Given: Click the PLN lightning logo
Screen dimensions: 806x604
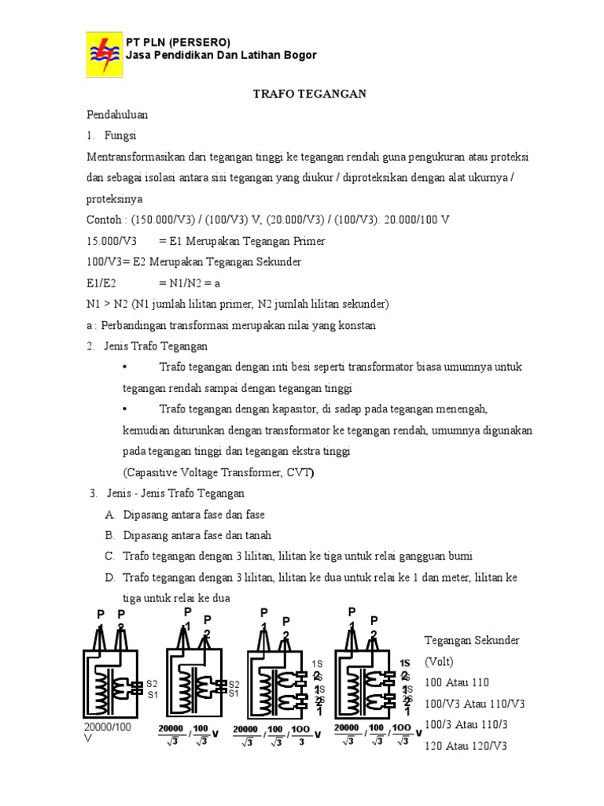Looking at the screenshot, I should [x=105, y=55].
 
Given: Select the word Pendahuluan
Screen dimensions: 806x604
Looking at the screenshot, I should [x=117, y=115].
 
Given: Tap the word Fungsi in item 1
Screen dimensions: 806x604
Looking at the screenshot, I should [x=120, y=135].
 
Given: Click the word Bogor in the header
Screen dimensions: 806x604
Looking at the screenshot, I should [x=299, y=55].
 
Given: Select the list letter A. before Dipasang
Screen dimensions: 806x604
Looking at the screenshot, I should [x=109, y=514].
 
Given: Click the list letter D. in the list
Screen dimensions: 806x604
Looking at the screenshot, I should [x=109, y=578].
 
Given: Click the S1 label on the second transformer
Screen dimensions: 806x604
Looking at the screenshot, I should [x=234, y=693].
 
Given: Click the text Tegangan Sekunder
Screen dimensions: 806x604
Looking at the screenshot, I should [x=471, y=641].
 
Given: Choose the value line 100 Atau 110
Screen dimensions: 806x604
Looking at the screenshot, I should [x=456, y=682].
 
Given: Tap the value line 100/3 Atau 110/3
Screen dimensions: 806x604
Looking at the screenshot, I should [x=464, y=723].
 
